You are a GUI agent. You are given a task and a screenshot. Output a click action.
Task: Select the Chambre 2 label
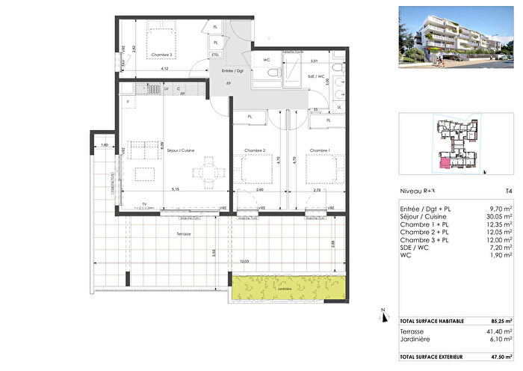255,151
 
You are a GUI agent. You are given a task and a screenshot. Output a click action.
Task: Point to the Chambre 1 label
320,151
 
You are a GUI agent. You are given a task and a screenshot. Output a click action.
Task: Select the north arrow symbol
382,314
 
